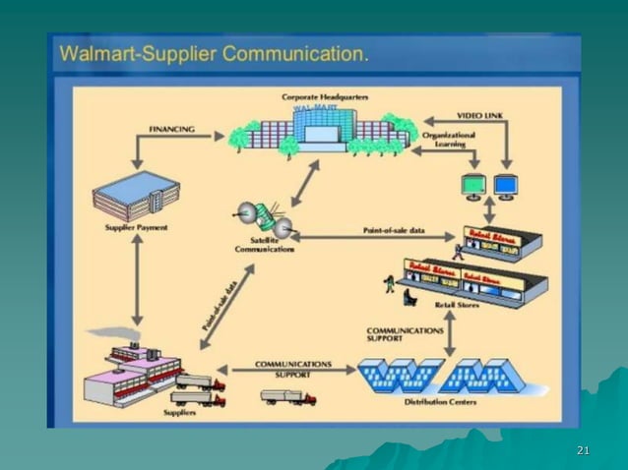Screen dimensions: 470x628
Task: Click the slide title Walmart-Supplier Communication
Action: coord(215,53)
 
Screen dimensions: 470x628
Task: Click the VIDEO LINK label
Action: coord(482,116)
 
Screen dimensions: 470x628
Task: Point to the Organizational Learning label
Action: coord(449,139)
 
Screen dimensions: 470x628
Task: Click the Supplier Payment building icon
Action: coord(136,198)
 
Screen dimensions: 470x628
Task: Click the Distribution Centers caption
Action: coord(436,402)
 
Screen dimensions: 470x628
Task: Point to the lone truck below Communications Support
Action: coord(288,396)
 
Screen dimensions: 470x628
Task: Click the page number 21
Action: coord(583,450)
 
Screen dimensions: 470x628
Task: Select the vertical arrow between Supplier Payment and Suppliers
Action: coord(136,281)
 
